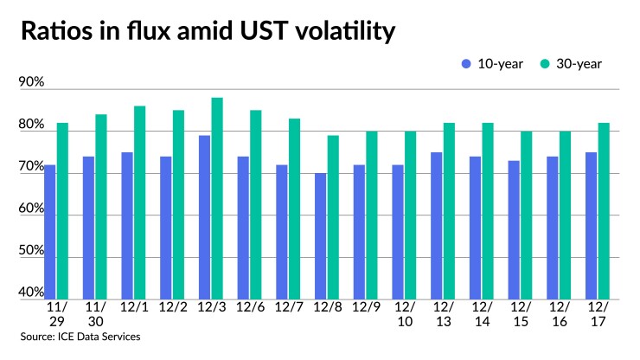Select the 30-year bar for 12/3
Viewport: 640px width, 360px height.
(217, 198)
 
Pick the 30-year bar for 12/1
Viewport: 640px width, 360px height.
(139, 202)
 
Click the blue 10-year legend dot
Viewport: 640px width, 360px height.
(467, 63)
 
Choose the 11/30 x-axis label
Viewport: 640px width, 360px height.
(95, 313)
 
